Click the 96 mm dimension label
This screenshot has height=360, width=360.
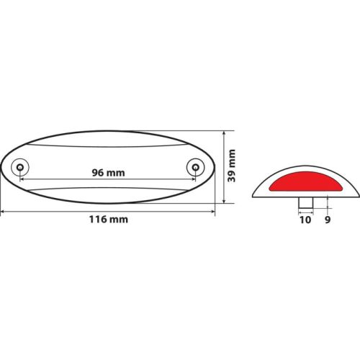pyautogui.click(x=109, y=173)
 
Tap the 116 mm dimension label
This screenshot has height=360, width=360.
pyautogui.click(x=109, y=220)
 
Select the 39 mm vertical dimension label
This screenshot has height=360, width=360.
pyautogui.click(x=232, y=166)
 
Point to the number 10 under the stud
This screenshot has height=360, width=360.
pyautogui.click(x=305, y=220)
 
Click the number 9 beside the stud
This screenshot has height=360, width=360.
pyautogui.click(x=328, y=220)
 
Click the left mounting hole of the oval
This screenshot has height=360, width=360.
pyautogui.click(x=20, y=167)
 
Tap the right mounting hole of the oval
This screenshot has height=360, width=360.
pyautogui.click(x=196, y=167)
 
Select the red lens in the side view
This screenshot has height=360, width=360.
pyautogui.click(x=305, y=181)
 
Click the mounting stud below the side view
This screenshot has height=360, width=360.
pyautogui.click(x=306, y=202)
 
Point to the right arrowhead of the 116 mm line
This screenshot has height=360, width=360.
pyautogui.click(x=213, y=212)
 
